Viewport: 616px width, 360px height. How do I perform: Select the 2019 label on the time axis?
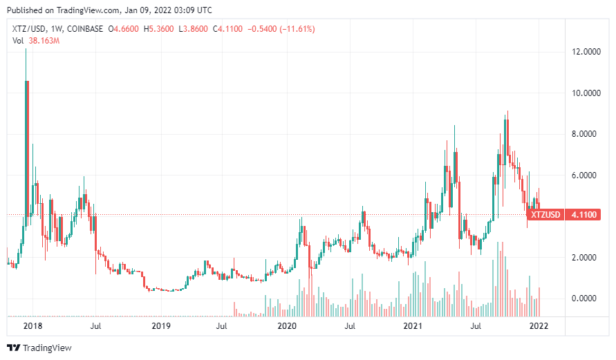click(x=160, y=325)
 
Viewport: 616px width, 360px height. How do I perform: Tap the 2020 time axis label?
click(x=286, y=325)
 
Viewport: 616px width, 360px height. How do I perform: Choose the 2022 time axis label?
click(x=539, y=325)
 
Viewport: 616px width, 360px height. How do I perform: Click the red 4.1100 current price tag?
click(x=585, y=215)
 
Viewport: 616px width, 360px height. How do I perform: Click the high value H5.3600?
click(x=160, y=29)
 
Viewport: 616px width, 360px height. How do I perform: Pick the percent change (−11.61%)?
click(x=293, y=29)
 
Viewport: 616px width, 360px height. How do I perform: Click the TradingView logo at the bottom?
click(x=39, y=348)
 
